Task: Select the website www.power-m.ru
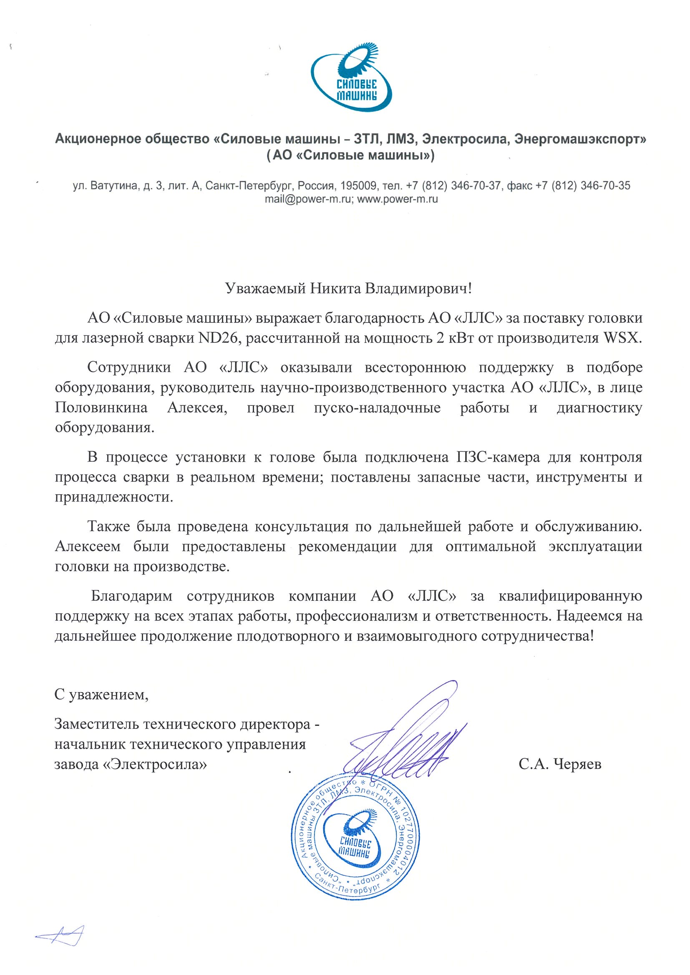pos(398,199)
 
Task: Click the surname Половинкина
pos(101,407)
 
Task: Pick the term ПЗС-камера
pos(498,457)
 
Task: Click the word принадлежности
pos(114,497)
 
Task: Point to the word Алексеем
pos(88,546)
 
